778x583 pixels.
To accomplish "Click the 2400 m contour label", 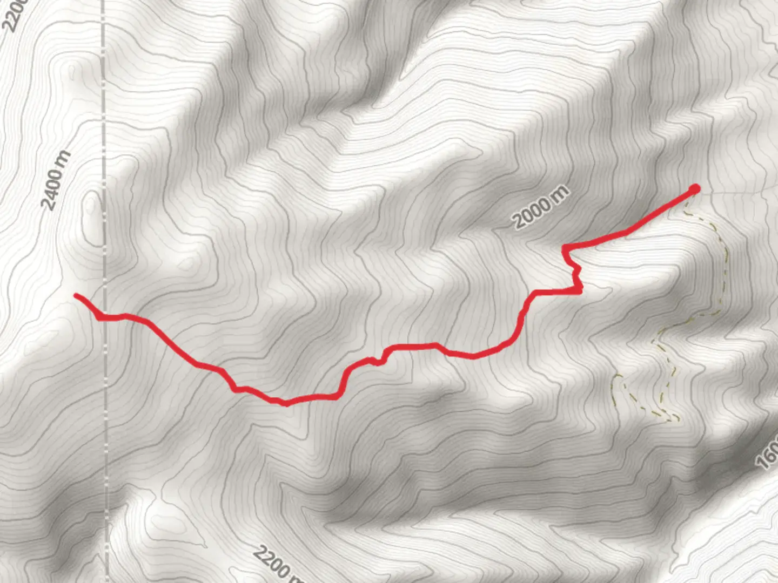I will point(56,180).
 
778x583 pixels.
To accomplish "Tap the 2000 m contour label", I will point(541,207).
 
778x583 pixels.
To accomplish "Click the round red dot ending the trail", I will point(694,188).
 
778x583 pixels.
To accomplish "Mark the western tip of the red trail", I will point(76,295).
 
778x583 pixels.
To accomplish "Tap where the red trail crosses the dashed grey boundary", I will point(104,317).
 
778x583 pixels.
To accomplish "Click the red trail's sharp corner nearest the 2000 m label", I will point(565,248).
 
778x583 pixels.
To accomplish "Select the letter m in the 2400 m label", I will point(65,158).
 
